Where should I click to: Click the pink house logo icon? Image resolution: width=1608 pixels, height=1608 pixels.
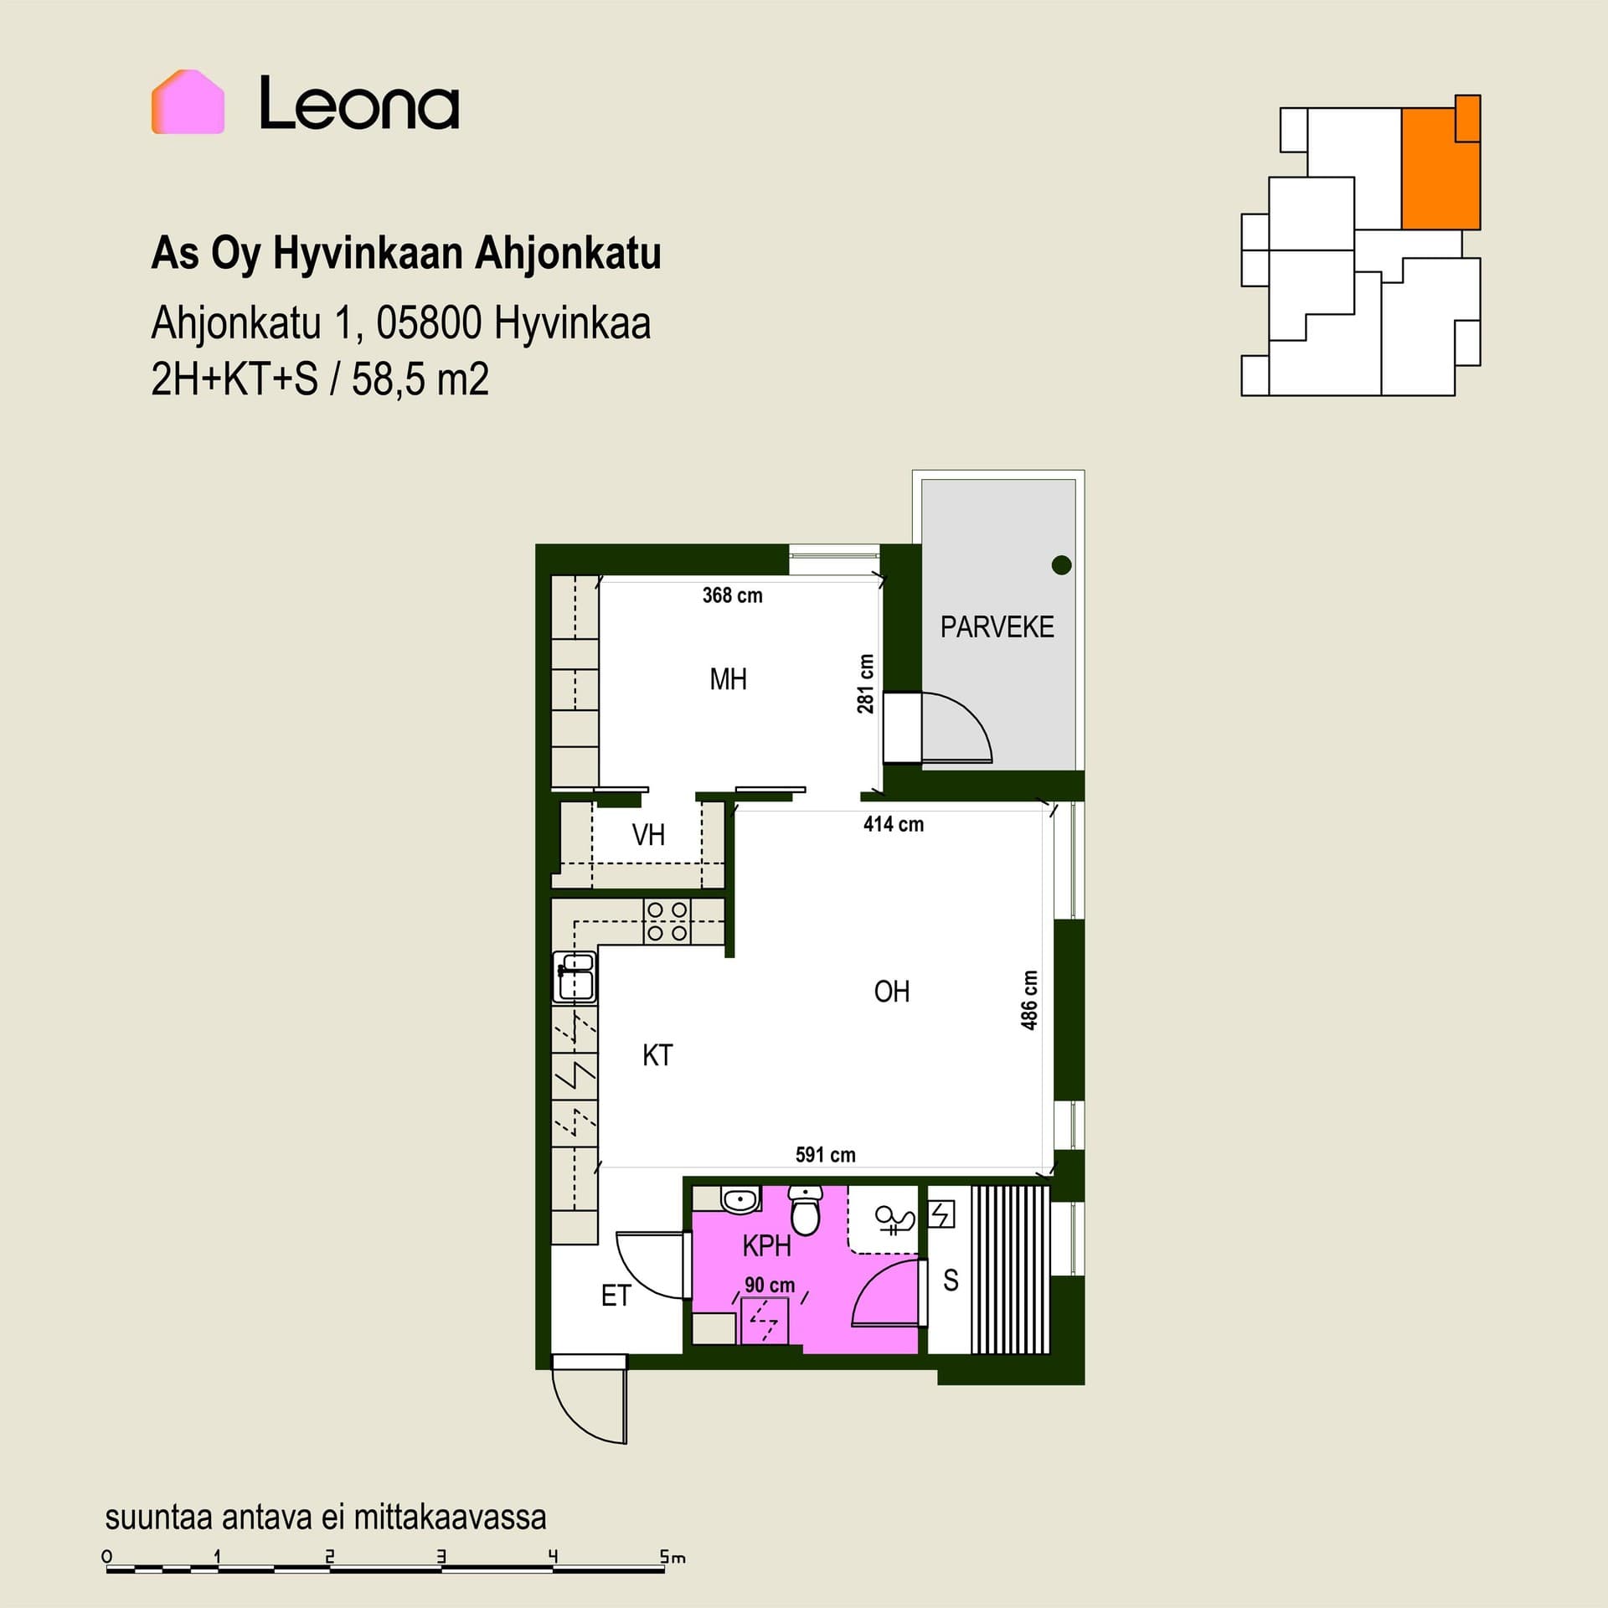[x=188, y=101]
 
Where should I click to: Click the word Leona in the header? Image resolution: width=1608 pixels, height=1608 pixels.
[x=359, y=103]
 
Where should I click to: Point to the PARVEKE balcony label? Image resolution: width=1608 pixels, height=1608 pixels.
[x=997, y=627]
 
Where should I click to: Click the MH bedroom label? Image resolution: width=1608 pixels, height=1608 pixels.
[x=728, y=679]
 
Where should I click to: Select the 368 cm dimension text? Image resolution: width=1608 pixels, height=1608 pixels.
[x=732, y=595]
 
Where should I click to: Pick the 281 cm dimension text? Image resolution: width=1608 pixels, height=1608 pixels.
[x=865, y=683]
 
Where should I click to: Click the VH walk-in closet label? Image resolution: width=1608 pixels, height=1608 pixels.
[x=648, y=835]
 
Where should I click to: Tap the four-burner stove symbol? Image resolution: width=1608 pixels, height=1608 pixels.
[x=667, y=921]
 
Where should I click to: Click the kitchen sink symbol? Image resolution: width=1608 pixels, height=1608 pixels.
[x=575, y=976]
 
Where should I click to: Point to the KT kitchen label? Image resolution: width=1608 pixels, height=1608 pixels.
[x=657, y=1055]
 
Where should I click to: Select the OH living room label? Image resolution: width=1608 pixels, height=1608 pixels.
[x=891, y=992]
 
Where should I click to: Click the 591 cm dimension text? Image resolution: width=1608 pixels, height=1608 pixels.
[x=825, y=1155]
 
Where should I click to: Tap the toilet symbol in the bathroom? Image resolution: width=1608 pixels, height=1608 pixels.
[x=806, y=1210]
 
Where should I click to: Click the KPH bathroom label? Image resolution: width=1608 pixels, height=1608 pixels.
[x=766, y=1246]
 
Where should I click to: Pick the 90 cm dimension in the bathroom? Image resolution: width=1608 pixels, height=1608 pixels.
[x=770, y=1285]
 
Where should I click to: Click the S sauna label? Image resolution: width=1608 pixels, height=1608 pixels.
[x=951, y=1281]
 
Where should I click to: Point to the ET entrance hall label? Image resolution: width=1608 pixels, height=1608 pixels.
[x=616, y=1296]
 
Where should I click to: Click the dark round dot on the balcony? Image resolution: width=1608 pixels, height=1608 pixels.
[x=1061, y=565]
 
